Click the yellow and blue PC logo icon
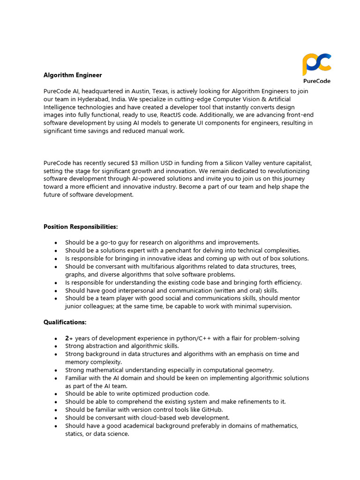click(x=316, y=65)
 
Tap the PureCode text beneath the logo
click(x=316, y=81)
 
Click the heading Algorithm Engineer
click(x=73, y=75)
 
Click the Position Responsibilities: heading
click(x=81, y=226)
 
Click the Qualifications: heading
click(x=65, y=322)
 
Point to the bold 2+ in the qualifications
click(x=69, y=338)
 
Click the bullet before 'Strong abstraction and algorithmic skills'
click(x=56, y=346)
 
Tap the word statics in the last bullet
click(x=75, y=434)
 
